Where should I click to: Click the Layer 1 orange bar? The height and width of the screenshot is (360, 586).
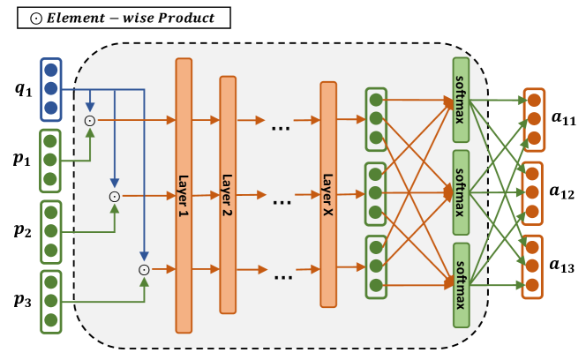[x=184, y=195]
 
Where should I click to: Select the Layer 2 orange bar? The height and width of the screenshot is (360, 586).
[x=228, y=195]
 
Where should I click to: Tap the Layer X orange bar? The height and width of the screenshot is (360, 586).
[x=328, y=195]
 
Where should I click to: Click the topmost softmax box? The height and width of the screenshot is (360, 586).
[x=460, y=101]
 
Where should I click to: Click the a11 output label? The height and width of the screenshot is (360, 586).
[x=562, y=119]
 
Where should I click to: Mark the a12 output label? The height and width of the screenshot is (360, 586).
[x=562, y=191]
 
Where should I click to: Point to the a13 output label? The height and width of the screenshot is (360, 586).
[x=562, y=265]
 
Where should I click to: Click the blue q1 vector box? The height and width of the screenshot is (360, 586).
[x=51, y=88]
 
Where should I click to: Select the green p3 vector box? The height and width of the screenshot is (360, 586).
[x=51, y=303]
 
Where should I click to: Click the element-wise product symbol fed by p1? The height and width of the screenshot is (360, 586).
[x=89, y=120]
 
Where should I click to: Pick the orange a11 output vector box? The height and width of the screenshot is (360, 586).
[x=533, y=118]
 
